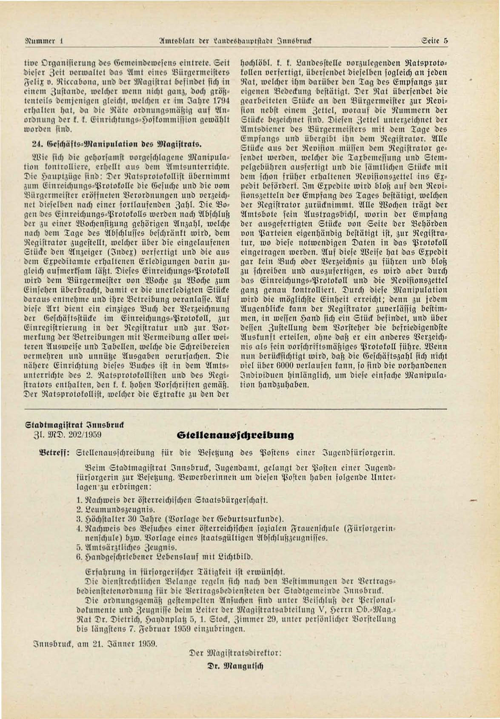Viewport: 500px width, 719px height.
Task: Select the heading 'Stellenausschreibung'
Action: [235, 435]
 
